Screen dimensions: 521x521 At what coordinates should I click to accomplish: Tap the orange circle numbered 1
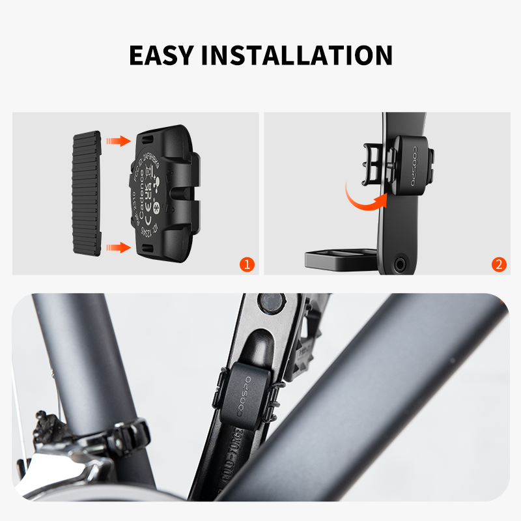(x=247, y=264)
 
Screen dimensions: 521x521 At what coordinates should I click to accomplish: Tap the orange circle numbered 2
(x=498, y=264)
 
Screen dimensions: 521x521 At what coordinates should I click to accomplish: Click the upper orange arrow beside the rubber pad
(x=118, y=141)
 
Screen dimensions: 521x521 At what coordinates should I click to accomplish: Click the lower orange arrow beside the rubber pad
(x=118, y=247)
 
